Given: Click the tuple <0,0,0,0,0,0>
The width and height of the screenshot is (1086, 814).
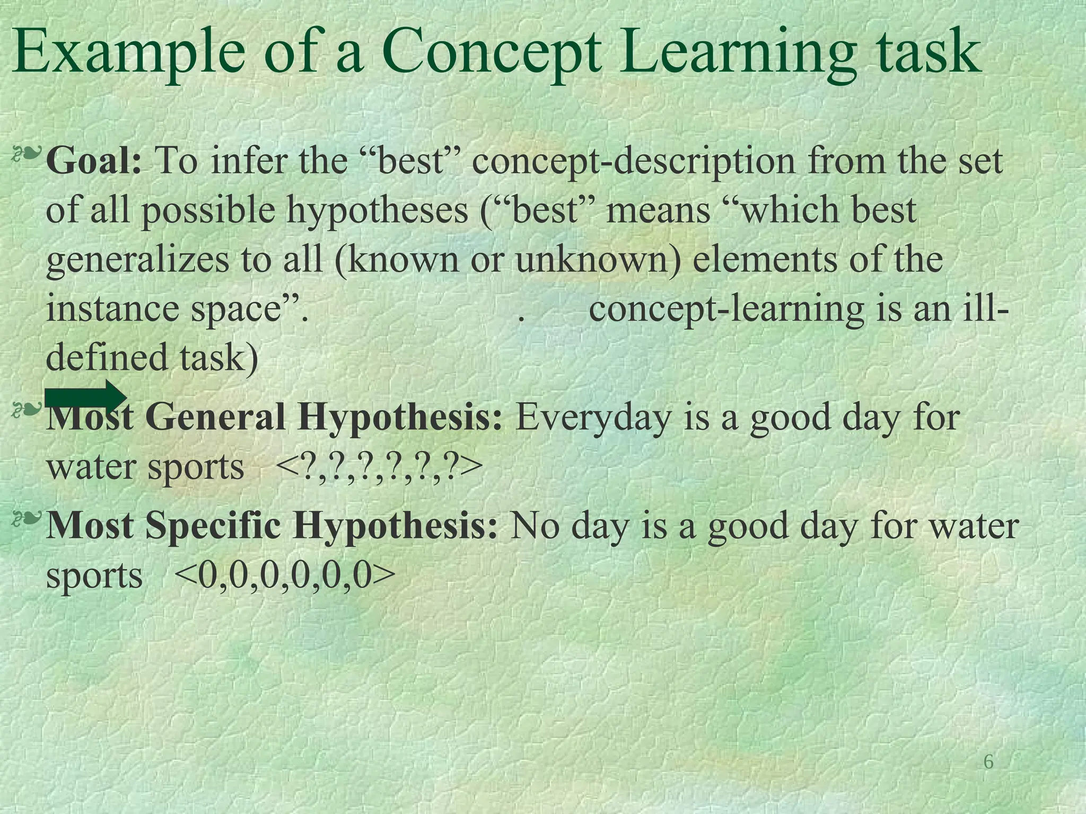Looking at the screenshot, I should pyautogui.click(x=284, y=576).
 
